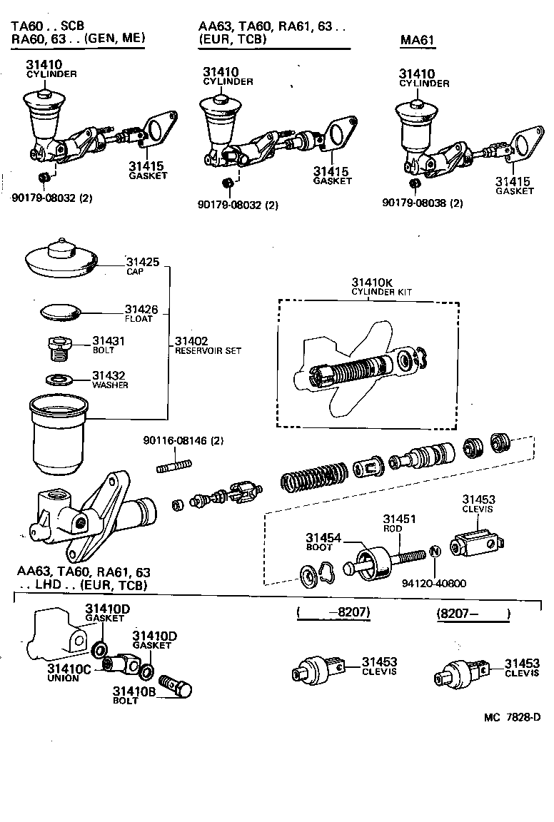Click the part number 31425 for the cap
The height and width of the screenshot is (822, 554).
click(141, 262)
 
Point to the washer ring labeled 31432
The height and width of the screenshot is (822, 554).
click(59, 377)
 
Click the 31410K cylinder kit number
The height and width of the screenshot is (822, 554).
click(372, 283)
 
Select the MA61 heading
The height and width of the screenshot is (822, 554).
click(418, 40)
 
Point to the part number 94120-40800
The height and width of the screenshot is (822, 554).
click(434, 583)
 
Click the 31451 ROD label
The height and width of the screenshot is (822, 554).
click(399, 525)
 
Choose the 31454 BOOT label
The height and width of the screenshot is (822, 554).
click(323, 542)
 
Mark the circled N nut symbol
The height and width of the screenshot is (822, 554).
click(433, 553)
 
